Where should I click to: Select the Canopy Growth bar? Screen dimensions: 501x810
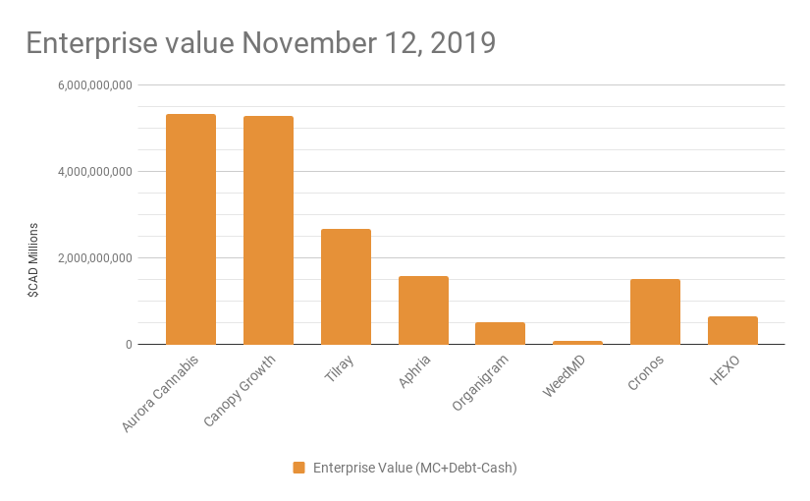tap(268, 230)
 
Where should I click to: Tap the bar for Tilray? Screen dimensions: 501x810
tap(346, 287)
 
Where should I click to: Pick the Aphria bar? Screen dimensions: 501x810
tap(423, 310)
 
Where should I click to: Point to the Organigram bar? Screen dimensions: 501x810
tap(500, 333)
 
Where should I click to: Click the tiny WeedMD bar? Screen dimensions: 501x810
tap(577, 342)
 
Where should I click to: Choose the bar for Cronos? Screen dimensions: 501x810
tap(655, 311)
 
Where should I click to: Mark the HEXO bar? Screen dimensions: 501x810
tap(732, 330)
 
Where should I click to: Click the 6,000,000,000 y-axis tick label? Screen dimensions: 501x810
tap(95, 85)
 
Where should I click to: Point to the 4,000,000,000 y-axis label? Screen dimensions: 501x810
tap(95, 172)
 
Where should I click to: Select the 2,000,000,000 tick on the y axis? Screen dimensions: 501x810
tap(95, 258)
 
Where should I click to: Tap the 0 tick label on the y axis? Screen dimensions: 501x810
tap(128, 345)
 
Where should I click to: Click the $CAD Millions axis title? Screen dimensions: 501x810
tap(33, 260)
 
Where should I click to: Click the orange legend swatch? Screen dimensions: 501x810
tap(298, 468)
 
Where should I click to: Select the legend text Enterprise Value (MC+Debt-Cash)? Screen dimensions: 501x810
tap(415, 468)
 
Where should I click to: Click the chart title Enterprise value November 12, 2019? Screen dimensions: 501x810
tap(260, 43)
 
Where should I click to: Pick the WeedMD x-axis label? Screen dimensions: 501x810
tap(567, 376)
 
